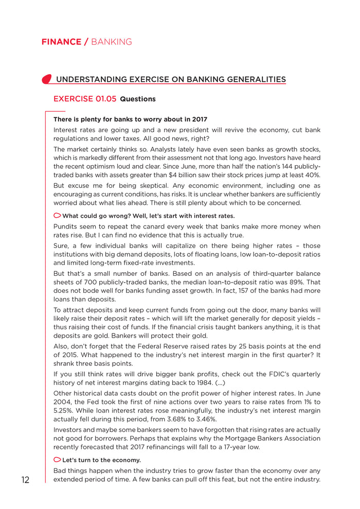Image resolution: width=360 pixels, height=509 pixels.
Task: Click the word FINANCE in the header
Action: (61, 42)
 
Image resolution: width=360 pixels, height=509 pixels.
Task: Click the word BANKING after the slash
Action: (112, 42)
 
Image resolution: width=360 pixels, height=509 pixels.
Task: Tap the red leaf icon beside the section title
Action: (46, 79)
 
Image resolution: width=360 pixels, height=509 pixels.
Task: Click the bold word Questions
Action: (138, 99)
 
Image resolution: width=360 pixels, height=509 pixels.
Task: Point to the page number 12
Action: (25, 480)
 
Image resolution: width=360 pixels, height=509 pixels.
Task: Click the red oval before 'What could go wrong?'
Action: (57, 215)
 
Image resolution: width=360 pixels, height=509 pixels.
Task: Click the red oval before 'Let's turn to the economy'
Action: (57, 459)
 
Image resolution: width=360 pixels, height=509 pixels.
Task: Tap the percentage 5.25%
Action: (64, 410)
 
